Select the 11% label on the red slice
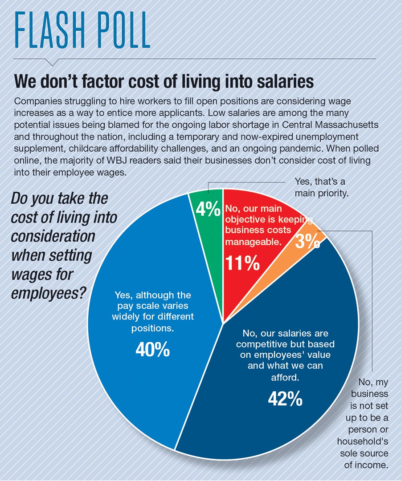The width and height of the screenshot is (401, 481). coord(242,263)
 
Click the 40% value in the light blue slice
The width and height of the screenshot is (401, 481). coord(152,350)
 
